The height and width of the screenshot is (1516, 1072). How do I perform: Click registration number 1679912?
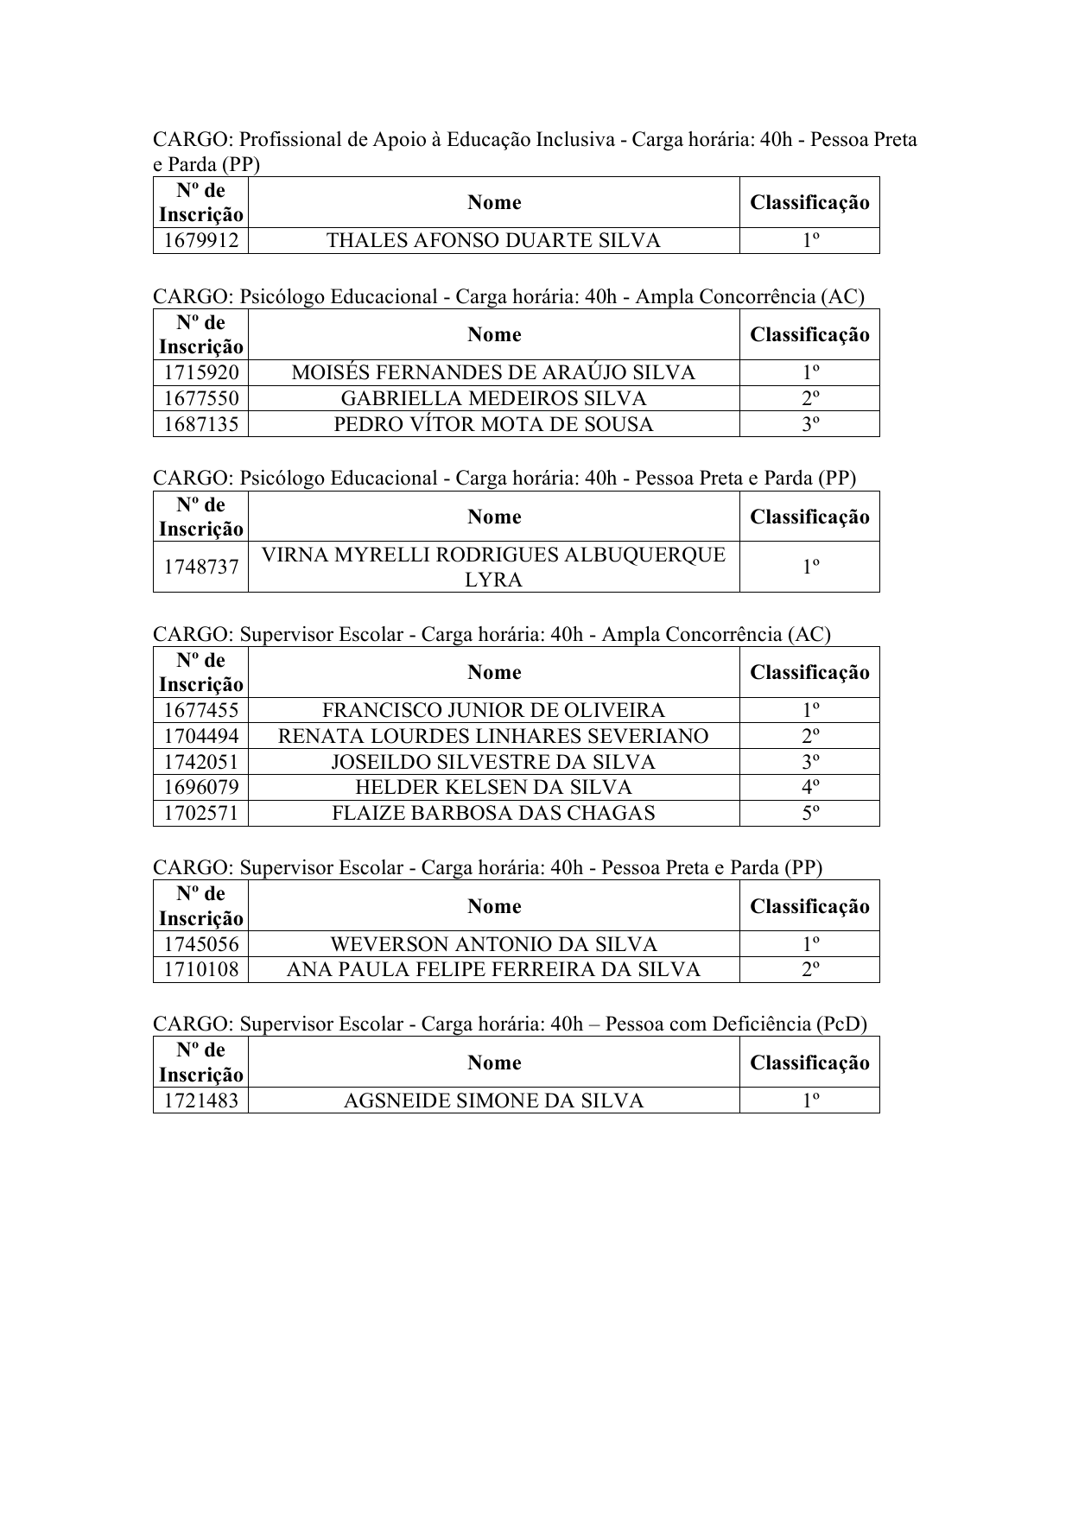point(200,241)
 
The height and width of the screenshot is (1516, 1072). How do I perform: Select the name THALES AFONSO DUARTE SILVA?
point(493,241)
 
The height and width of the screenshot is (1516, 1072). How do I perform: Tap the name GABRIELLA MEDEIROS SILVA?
point(493,398)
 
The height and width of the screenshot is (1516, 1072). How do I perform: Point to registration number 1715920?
point(200,373)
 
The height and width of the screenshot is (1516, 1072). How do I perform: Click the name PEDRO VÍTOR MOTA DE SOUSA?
point(493,424)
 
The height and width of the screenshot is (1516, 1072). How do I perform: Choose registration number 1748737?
point(200,567)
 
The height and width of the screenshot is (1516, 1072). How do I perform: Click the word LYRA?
point(493,580)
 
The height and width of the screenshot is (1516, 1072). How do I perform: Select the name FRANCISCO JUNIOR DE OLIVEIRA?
point(493,711)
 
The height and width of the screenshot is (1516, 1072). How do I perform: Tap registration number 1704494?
point(200,736)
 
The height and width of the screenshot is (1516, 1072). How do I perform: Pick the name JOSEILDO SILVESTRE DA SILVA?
point(493,762)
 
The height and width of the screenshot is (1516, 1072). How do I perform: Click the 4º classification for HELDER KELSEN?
point(809,788)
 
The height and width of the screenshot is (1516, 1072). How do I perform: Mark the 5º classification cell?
point(809,813)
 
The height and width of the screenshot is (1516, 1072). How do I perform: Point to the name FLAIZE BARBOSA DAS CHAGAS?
point(493,813)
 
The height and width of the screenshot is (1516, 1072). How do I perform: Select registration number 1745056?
point(200,944)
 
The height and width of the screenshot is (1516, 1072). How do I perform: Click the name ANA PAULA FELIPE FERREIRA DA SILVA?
point(493,970)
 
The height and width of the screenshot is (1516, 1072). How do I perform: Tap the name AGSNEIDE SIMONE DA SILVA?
point(493,1101)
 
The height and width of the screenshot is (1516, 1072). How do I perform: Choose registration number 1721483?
point(200,1101)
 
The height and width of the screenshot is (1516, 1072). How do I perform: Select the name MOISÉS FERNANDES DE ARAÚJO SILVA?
point(493,373)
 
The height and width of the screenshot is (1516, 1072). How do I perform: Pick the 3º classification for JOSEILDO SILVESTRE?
point(809,762)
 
